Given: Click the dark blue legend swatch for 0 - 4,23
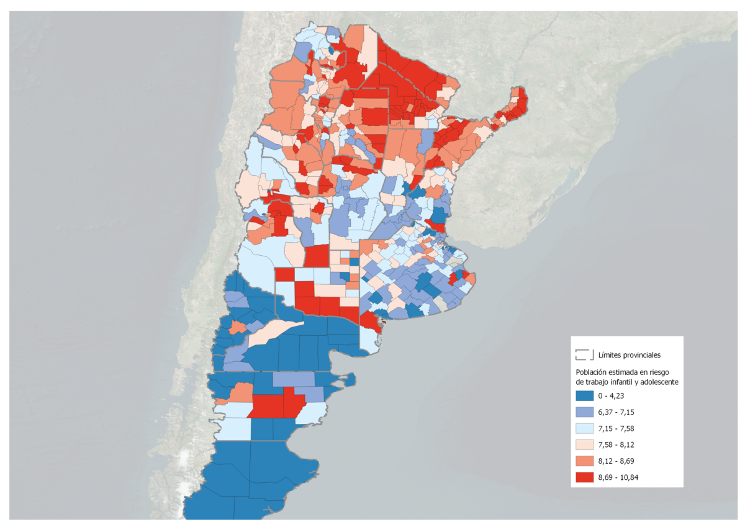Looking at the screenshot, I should [584, 395].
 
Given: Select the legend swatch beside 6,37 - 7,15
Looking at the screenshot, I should [584, 412].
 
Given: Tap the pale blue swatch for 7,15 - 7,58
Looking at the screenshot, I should [584, 428].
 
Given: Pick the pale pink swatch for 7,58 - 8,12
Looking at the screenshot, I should [584, 444].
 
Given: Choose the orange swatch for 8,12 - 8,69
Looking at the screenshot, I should [584, 461].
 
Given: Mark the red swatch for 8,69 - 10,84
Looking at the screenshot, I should [584, 477].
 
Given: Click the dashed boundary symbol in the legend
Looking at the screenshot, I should [584, 354].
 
